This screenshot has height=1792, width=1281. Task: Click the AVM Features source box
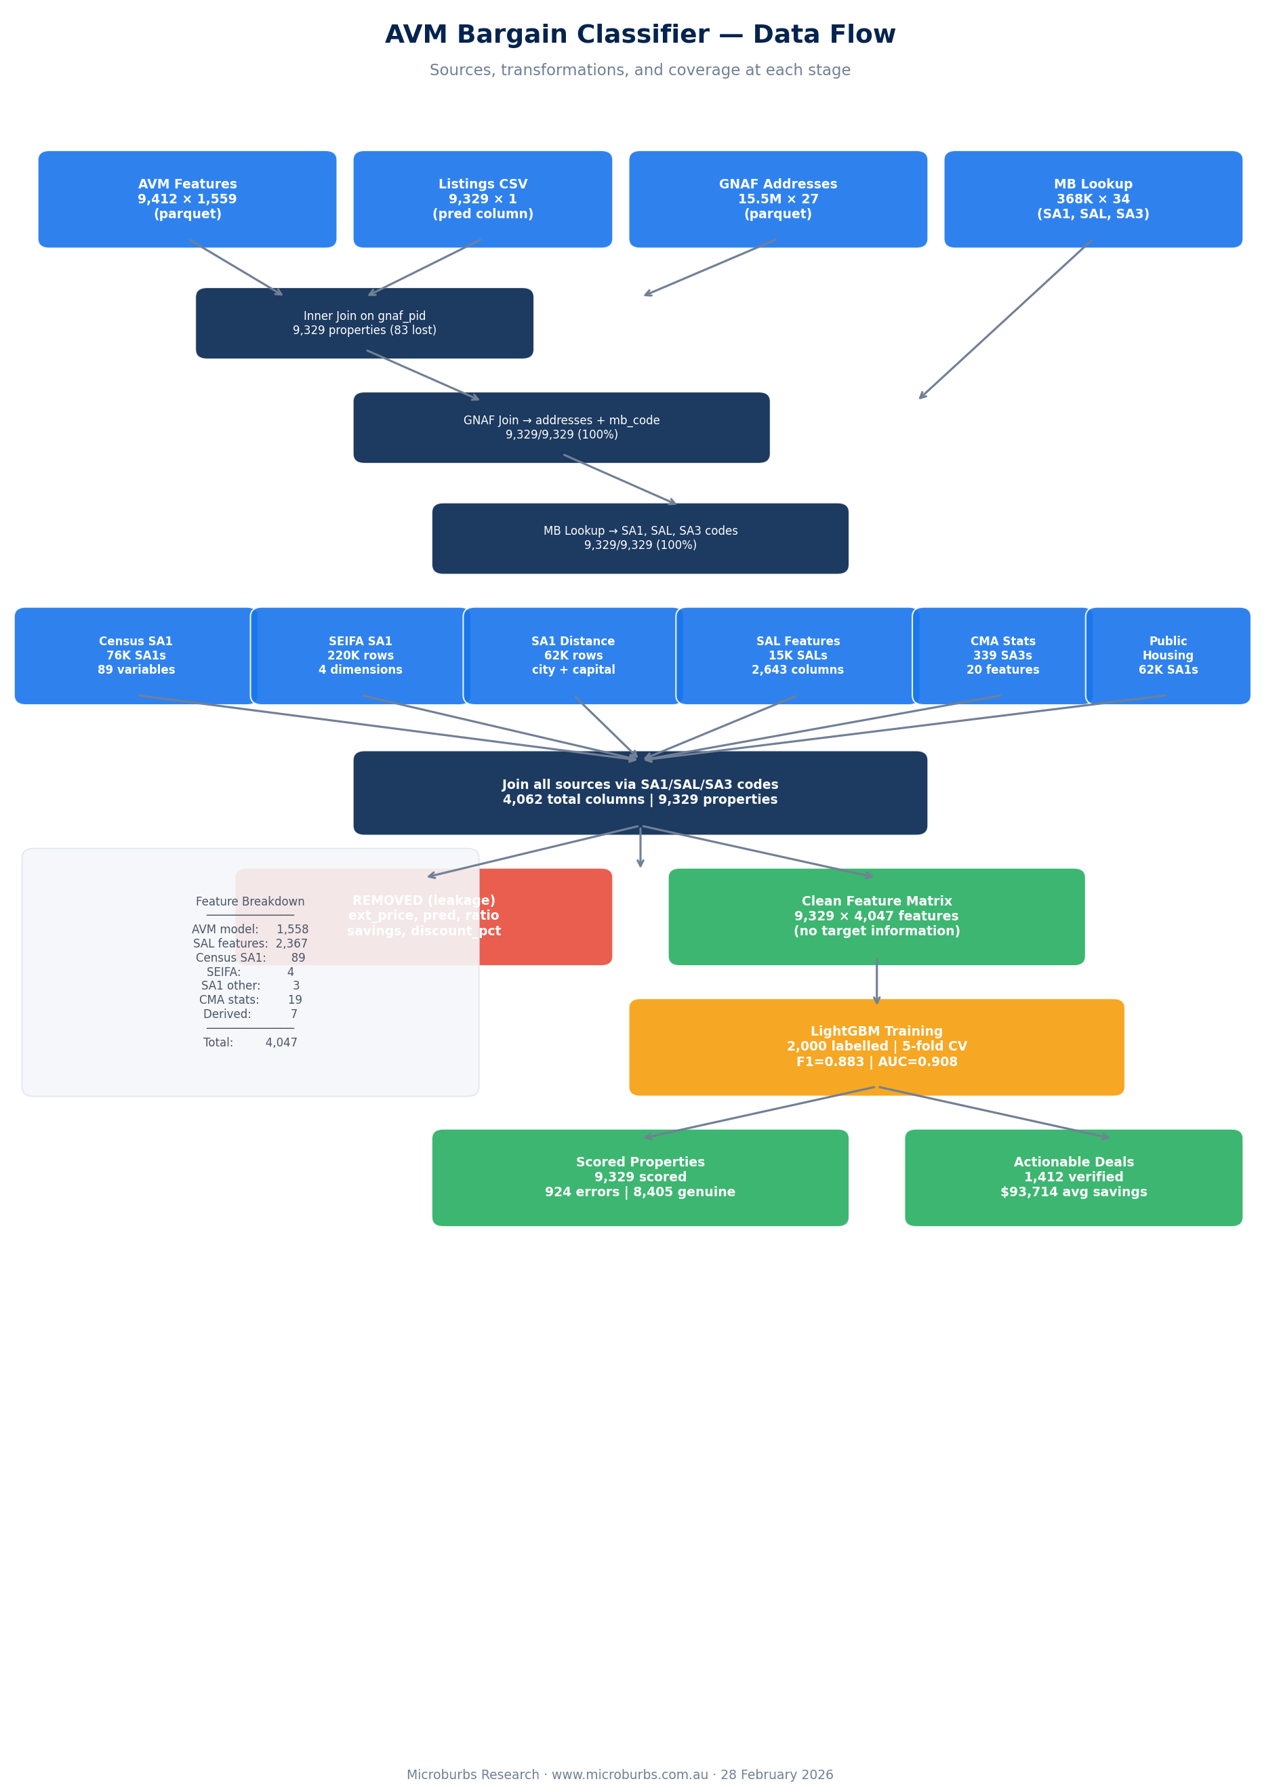pyautogui.click(x=187, y=199)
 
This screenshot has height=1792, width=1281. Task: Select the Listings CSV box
pyautogui.click(x=482, y=199)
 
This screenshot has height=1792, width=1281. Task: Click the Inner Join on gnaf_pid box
pyautogui.click(x=364, y=323)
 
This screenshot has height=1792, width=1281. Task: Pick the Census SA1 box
pyautogui.click(x=136, y=655)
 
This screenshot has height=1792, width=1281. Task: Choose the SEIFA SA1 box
pyautogui.click(x=360, y=655)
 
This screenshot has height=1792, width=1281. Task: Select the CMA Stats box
pyautogui.click(x=1002, y=655)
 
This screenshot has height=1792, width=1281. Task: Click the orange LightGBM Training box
pyautogui.click(x=876, y=1046)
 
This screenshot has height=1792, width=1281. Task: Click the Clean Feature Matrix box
pyautogui.click(x=876, y=916)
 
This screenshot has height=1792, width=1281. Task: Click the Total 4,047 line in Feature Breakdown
pyautogui.click(x=250, y=1042)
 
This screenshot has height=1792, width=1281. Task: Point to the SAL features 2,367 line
pyautogui.click(x=250, y=943)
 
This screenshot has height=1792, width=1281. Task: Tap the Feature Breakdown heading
pyautogui.click(x=250, y=901)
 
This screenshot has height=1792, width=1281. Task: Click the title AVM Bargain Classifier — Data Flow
pyautogui.click(x=640, y=35)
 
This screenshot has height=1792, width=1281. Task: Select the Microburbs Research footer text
pyautogui.click(x=619, y=1774)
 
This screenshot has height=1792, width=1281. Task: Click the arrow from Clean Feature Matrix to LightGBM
pyautogui.click(x=876, y=981)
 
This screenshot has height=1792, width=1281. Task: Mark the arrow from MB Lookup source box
pyautogui.click(x=1006, y=319)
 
